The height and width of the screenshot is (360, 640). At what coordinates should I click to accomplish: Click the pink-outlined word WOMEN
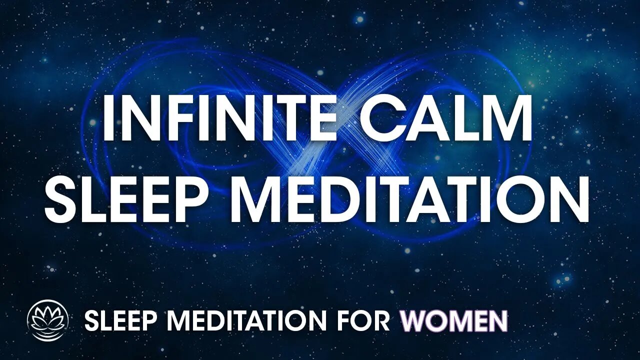[x=454, y=321]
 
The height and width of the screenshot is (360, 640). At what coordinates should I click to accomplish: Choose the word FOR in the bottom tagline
[x=369, y=321]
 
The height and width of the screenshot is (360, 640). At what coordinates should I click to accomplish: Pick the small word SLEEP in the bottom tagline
[x=117, y=321]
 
